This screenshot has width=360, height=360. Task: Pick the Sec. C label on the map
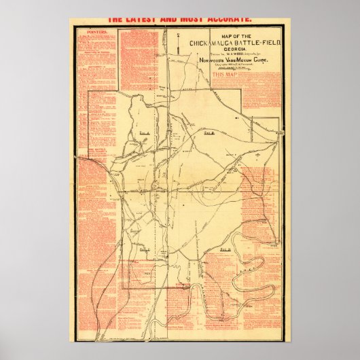click(x=144, y=250)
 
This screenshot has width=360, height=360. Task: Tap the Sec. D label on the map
click(x=226, y=251)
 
